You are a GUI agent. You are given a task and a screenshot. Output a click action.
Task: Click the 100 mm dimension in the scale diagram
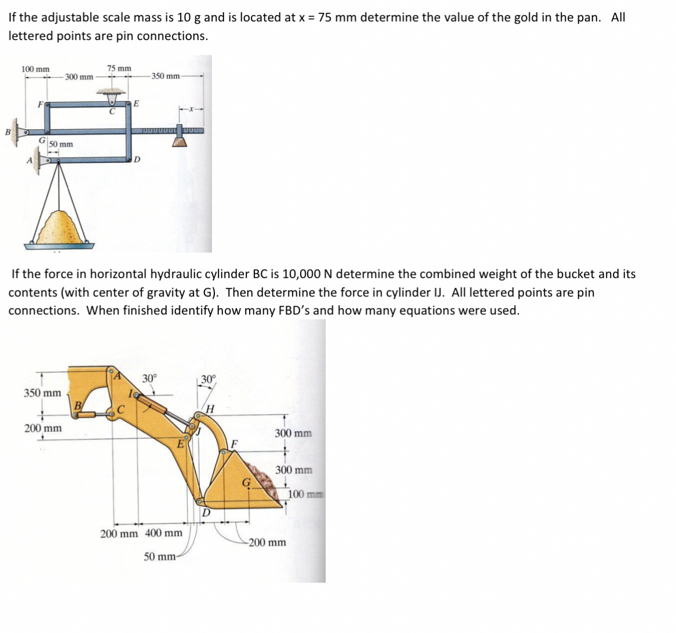(x=35, y=69)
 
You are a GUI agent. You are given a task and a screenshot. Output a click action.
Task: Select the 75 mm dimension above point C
(x=119, y=68)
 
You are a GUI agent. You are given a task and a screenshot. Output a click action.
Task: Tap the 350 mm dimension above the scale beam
(x=166, y=76)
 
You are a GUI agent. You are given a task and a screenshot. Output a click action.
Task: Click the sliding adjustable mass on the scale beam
(x=180, y=137)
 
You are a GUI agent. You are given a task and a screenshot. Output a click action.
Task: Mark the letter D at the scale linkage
(x=137, y=159)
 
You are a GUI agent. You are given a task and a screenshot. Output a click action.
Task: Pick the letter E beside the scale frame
(x=136, y=104)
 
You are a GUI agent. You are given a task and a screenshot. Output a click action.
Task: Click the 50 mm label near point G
(x=61, y=144)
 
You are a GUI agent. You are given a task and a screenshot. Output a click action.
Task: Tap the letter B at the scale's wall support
(x=8, y=132)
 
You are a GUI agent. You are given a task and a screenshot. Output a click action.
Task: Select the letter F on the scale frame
(x=40, y=105)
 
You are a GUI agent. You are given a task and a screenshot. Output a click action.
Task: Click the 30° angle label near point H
(x=208, y=380)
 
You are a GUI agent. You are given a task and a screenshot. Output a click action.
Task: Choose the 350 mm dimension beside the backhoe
(x=42, y=393)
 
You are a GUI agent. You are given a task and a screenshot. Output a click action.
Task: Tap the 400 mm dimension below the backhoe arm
(x=163, y=533)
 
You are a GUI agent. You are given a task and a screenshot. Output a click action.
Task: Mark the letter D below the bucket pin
(x=206, y=512)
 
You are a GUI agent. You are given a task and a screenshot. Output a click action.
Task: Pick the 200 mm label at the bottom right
(x=268, y=543)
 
